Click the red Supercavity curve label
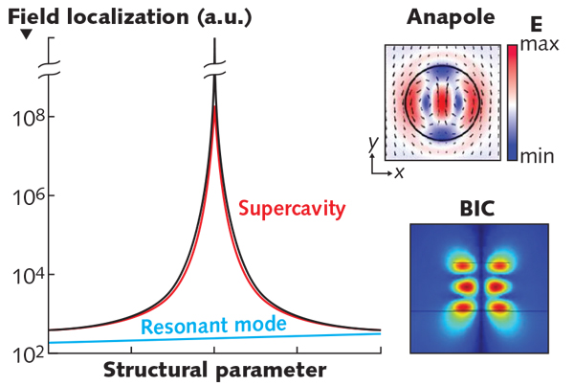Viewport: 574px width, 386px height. point(291,208)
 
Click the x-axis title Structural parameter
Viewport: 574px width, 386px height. point(214,370)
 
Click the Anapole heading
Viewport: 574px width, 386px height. point(442,17)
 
